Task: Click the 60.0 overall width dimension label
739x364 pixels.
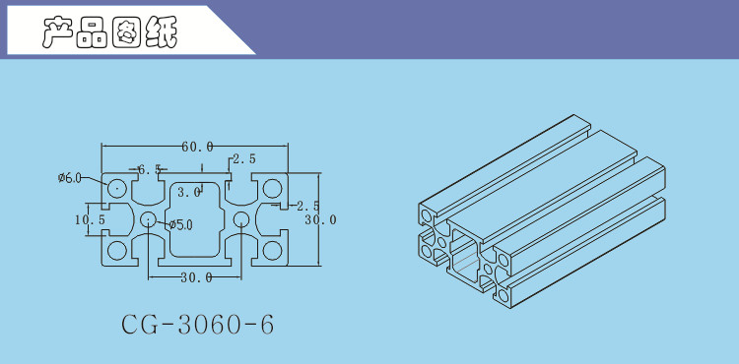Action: (197, 147)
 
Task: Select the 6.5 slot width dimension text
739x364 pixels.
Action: (149, 169)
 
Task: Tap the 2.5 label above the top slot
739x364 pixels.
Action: (244, 159)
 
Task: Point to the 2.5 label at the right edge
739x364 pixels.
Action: (307, 206)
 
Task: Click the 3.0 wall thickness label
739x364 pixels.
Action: (189, 192)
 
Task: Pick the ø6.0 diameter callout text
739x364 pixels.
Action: (70, 178)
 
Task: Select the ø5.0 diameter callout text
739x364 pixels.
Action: (181, 225)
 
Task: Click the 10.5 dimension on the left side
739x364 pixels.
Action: (90, 219)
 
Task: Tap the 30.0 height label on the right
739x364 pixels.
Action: (320, 219)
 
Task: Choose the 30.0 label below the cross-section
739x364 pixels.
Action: (196, 278)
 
